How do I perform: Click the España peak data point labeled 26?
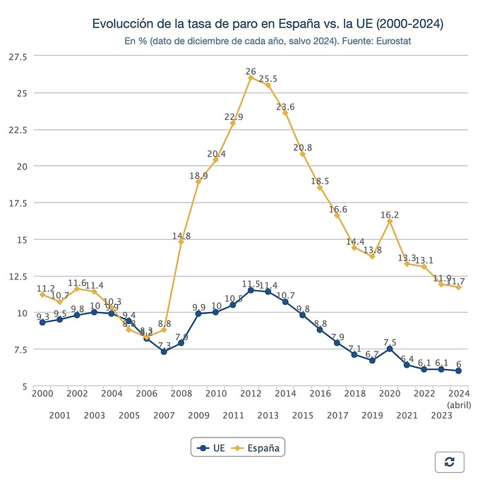[251, 78]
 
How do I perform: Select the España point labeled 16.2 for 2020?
[390, 222]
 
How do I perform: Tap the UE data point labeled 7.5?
[390, 349]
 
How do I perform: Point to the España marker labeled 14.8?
[181, 242]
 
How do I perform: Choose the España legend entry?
[258, 447]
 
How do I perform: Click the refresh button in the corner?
[449, 462]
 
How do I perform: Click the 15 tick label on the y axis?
[21, 240]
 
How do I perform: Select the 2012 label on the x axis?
[251, 394]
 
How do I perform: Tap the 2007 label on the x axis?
[164, 416]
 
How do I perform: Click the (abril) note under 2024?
[459, 404]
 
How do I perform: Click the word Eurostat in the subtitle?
[392, 41]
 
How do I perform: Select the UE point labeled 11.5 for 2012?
[251, 290]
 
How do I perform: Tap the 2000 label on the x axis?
[42, 394]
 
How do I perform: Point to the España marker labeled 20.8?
[303, 154]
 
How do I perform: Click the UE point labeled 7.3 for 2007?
[164, 351]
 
